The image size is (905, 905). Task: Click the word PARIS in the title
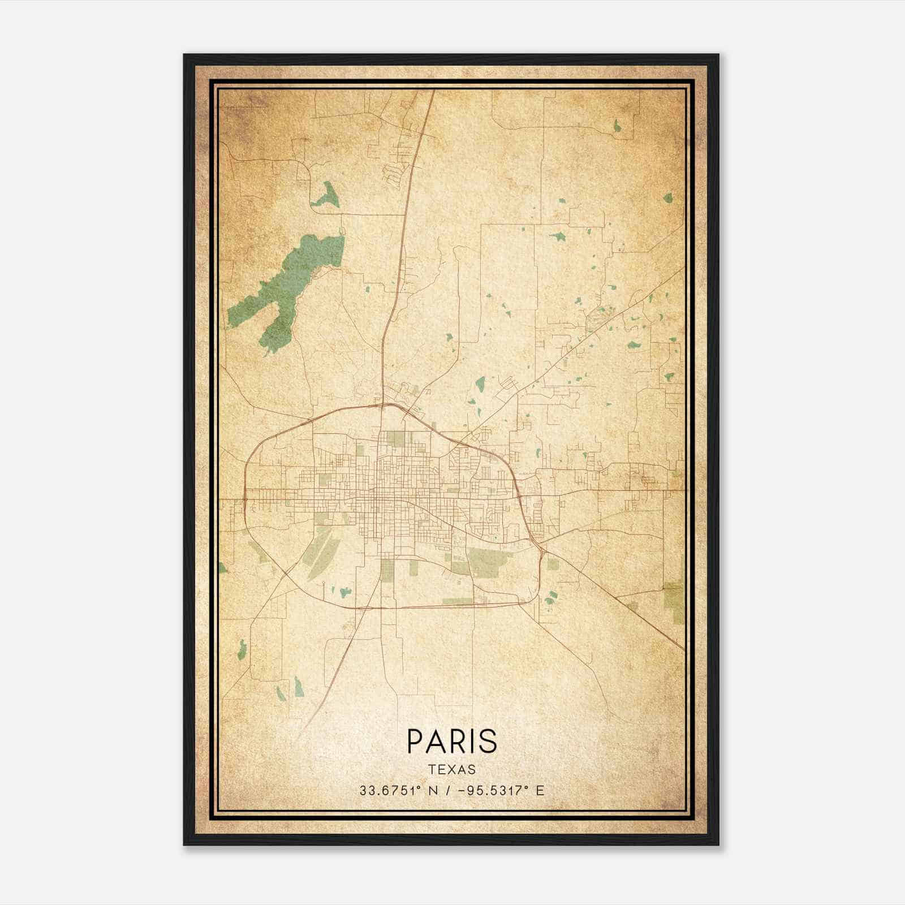click(452, 741)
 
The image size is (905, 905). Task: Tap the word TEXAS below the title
click(452, 769)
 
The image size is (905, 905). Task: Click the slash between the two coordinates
click(448, 791)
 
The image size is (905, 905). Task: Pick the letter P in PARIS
click(415, 741)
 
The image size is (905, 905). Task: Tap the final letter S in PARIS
click(489, 741)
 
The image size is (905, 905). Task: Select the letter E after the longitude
click(540, 791)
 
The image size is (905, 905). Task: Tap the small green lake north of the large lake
click(326, 195)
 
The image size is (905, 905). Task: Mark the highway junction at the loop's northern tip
click(383, 404)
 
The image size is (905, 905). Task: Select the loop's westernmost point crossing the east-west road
click(244, 491)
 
